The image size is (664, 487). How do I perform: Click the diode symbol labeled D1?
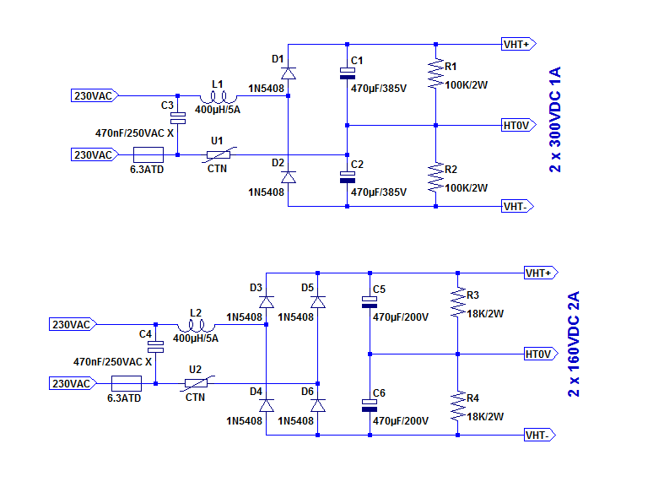point(289,73)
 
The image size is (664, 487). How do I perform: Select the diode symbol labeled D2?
point(289,177)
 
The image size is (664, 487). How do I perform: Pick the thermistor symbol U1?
point(219,154)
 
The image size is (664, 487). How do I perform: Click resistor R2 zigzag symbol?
point(435,177)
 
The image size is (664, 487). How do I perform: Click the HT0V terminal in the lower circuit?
point(539,353)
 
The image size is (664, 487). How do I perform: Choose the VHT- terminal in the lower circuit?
point(539,435)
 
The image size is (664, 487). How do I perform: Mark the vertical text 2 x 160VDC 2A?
point(574,344)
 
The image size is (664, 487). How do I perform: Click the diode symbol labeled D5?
point(317,301)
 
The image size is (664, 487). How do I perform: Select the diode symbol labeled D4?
point(267,405)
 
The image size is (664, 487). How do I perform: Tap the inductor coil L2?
point(197,325)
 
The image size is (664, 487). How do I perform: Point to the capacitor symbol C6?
point(370,405)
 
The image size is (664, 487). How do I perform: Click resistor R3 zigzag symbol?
point(457,302)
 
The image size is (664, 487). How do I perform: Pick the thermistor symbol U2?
point(196,383)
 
